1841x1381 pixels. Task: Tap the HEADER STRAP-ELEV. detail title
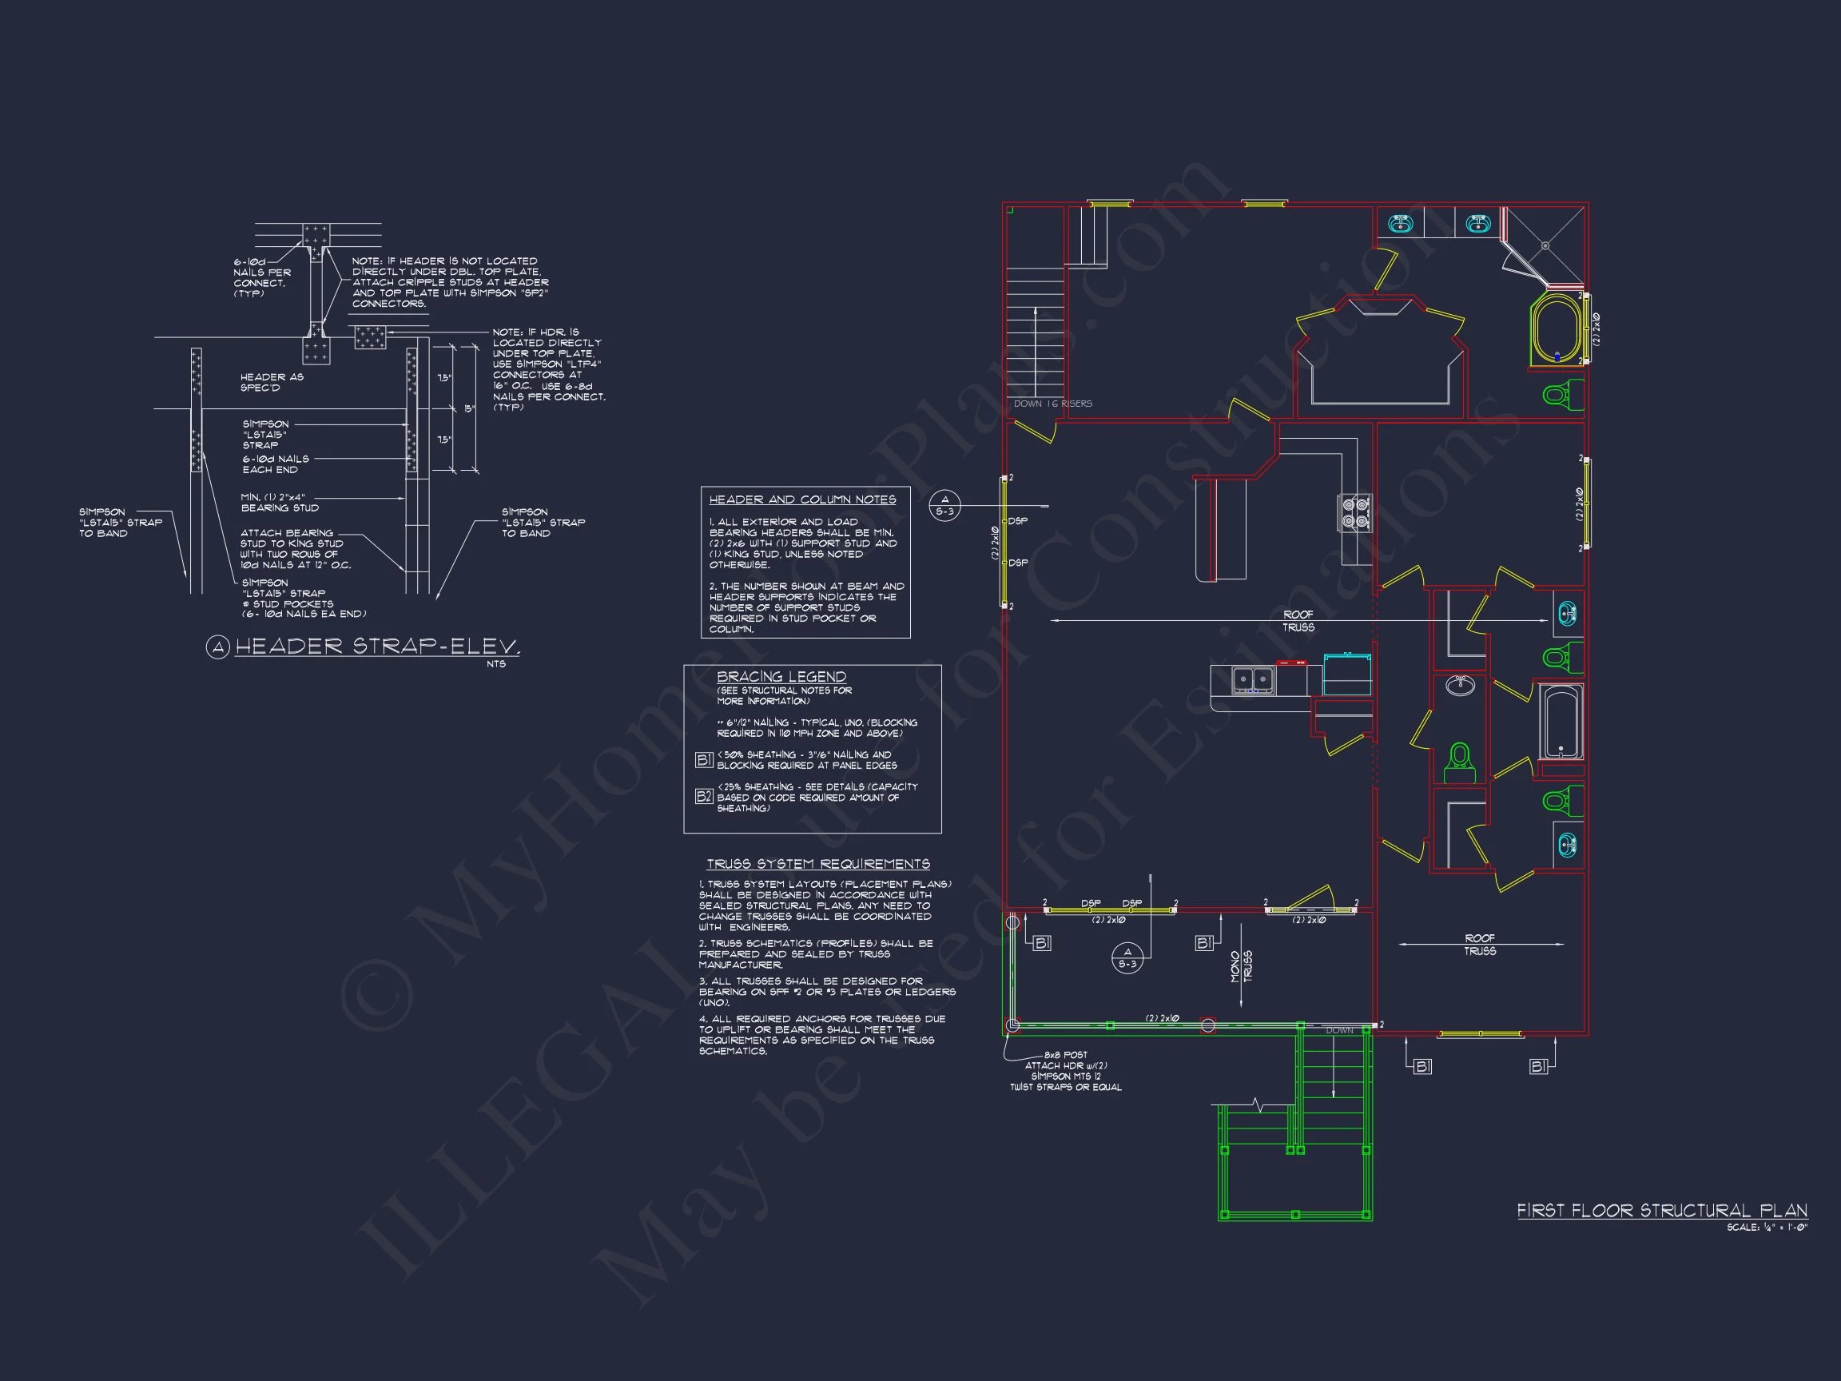377,646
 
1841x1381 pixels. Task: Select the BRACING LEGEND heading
781,677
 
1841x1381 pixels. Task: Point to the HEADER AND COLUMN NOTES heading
802,499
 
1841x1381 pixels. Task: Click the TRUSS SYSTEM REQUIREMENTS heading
818,864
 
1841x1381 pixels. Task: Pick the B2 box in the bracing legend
703,797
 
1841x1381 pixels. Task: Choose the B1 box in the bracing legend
703,759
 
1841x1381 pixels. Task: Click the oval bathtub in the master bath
1555,328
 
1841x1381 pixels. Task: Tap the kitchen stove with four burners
1354,512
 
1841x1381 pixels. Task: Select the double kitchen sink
1254,680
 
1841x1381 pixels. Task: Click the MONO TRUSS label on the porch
1241,966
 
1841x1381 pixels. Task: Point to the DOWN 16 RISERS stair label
1052,404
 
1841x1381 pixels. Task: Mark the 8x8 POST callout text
1065,1055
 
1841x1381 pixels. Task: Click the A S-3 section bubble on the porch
1127,958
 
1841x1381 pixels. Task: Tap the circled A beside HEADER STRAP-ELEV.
217,647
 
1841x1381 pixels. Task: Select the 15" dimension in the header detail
469,408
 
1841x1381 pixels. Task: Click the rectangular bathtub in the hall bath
1561,721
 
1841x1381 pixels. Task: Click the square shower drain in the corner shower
1545,245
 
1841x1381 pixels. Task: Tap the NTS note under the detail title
496,664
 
